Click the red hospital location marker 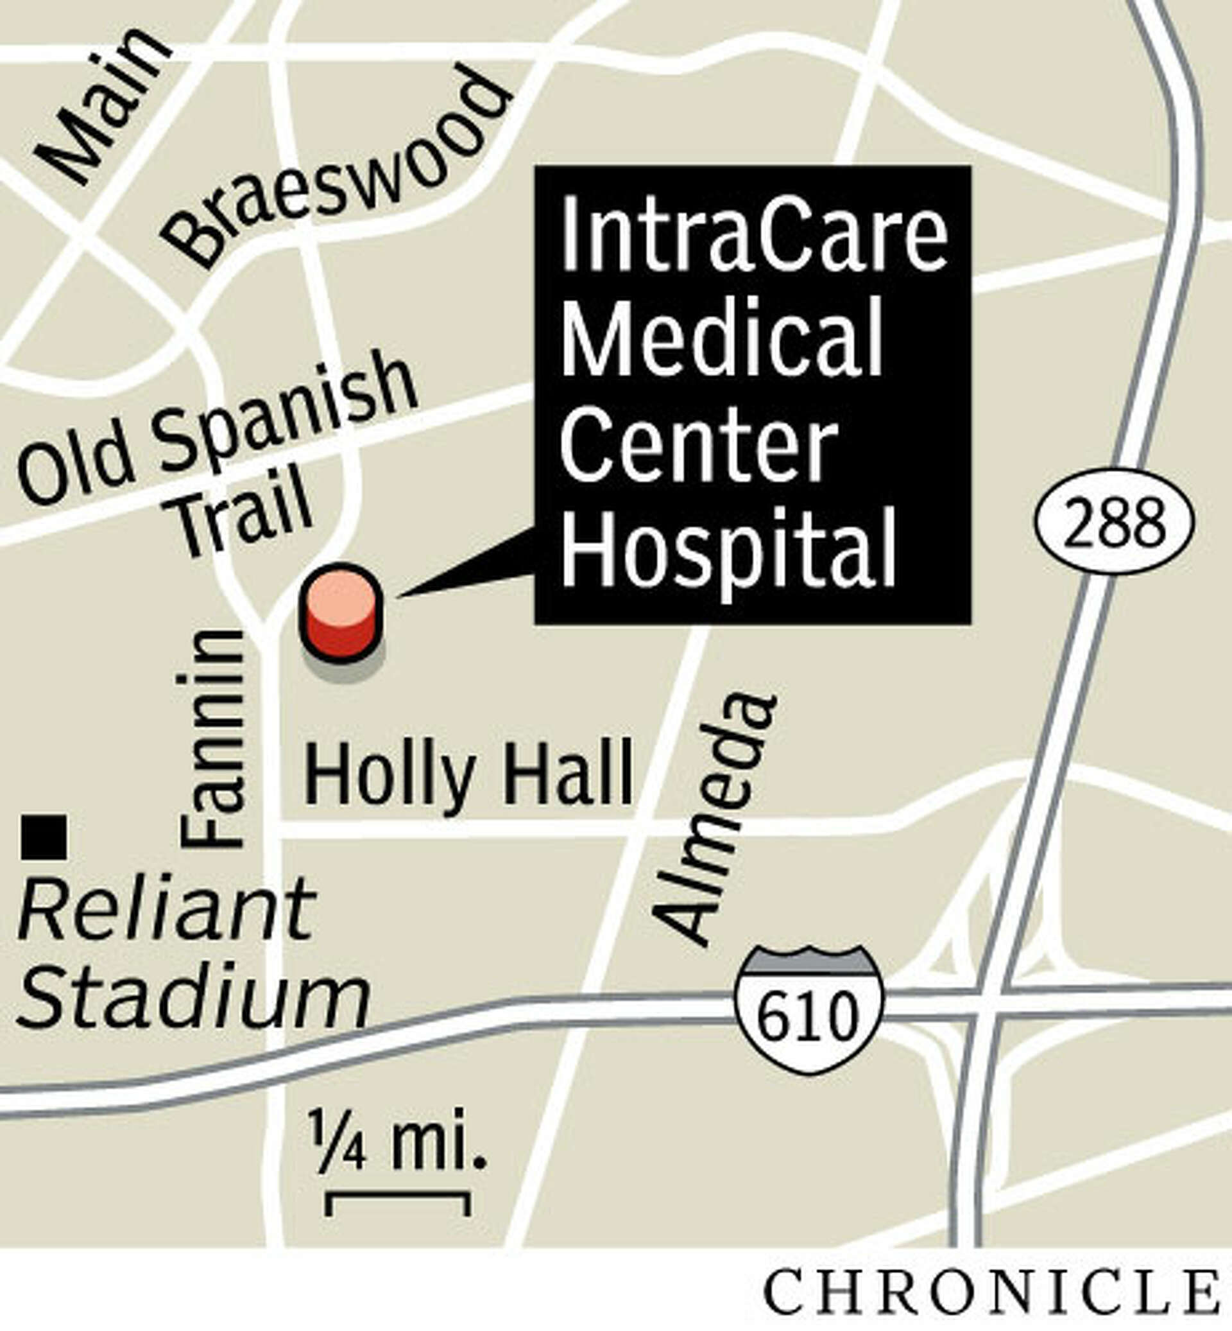(x=342, y=613)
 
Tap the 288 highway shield (x=1115, y=524)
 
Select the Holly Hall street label (x=468, y=776)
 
